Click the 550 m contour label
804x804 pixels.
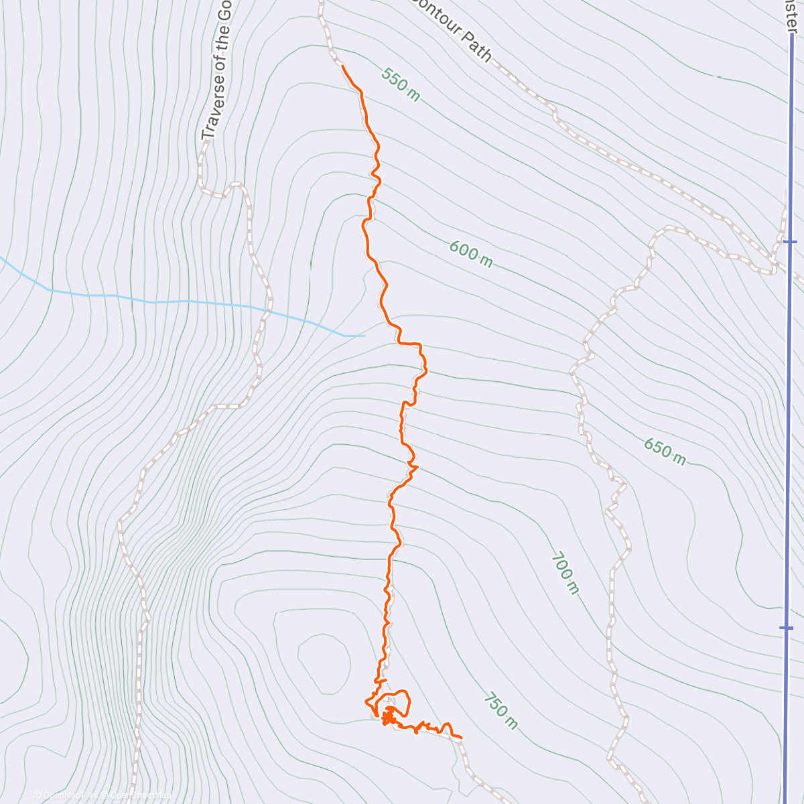click(x=401, y=84)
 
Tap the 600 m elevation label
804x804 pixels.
click(x=470, y=254)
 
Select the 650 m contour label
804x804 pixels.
click(x=665, y=451)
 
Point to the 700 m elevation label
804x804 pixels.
click(x=565, y=573)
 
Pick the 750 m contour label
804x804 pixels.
click(x=500, y=710)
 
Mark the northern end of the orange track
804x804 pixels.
click(x=342, y=66)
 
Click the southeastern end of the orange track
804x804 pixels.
click(x=462, y=738)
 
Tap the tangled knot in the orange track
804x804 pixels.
click(x=388, y=719)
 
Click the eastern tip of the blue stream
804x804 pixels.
click(x=364, y=335)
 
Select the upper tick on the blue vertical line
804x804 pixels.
click(x=789, y=241)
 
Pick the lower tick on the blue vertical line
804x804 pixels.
click(x=787, y=628)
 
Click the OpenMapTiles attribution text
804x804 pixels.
click(x=68, y=795)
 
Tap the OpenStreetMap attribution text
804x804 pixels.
click(x=137, y=795)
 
